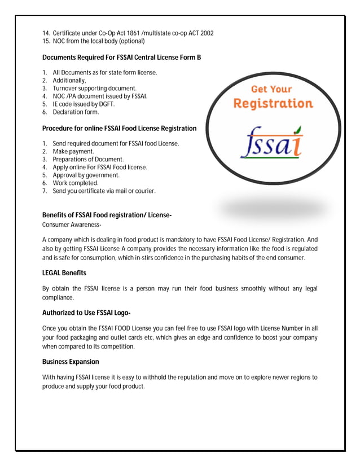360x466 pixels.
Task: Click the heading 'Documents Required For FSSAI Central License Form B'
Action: pyautogui.click(x=121, y=58)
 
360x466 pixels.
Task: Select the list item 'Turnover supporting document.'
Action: pyautogui.click(x=94, y=89)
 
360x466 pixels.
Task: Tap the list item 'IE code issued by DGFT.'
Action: pyautogui.click(x=84, y=104)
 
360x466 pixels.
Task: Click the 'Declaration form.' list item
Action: pyautogui.click(x=76, y=112)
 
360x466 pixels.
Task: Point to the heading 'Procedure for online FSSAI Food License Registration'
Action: pyautogui.click(x=119, y=129)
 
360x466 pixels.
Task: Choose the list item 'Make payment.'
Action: pyautogui.click(x=73, y=152)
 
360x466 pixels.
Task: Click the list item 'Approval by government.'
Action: pyautogui.click(x=86, y=175)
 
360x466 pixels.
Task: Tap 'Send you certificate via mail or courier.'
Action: pyautogui.click(x=104, y=191)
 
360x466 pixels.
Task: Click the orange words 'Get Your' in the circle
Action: pyautogui.click(x=271, y=89)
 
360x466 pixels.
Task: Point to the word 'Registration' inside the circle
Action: pyautogui.click(x=273, y=104)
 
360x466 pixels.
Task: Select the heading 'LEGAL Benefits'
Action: pyautogui.click(x=64, y=273)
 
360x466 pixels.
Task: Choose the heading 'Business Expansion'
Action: pyautogui.click(x=71, y=362)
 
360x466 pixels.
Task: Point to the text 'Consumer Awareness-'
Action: pyautogui.click(x=72, y=225)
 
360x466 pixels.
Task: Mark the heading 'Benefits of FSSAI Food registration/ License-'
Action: pyautogui.click(x=107, y=215)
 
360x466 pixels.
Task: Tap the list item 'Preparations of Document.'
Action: pyautogui.click(x=88, y=160)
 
